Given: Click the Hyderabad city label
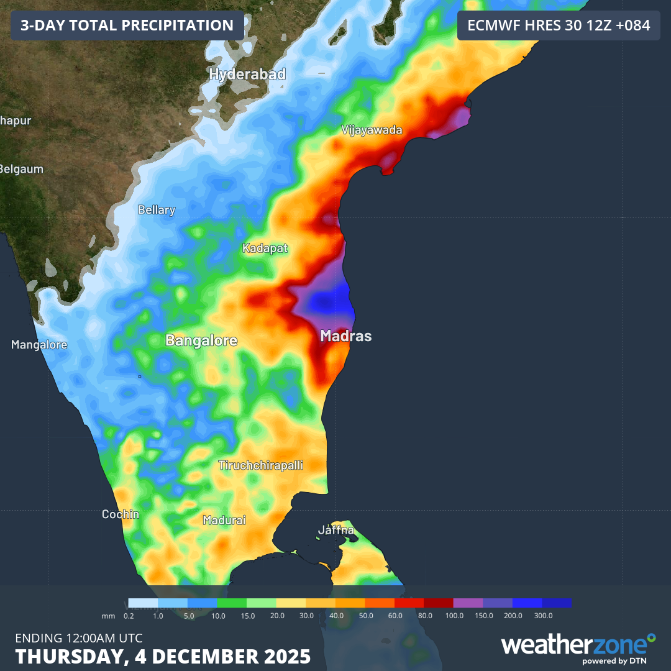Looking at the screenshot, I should click(247, 75).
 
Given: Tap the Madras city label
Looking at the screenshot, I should click(345, 336).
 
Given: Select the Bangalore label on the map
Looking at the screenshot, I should click(201, 340).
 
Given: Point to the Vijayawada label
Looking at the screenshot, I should click(372, 130).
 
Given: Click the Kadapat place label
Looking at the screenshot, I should click(265, 249).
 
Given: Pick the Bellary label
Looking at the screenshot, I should click(156, 210).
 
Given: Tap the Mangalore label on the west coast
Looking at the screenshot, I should click(39, 345).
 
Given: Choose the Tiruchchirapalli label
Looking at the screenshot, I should click(261, 465).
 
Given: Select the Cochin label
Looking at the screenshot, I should click(121, 514).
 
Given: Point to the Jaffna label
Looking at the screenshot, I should click(336, 531).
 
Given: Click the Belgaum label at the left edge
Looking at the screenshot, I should click(22, 169).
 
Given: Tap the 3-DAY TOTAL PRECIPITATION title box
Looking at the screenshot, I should click(127, 25).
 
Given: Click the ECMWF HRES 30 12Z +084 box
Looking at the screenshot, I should click(559, 25).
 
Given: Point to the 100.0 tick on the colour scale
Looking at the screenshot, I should click(454, 615).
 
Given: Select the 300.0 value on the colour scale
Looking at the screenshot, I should click(542, 615).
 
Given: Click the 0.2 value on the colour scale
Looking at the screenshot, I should click(129, 615).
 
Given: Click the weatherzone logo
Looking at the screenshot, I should click(578, 646).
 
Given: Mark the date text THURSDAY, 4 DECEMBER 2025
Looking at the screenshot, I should click(163, 656).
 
